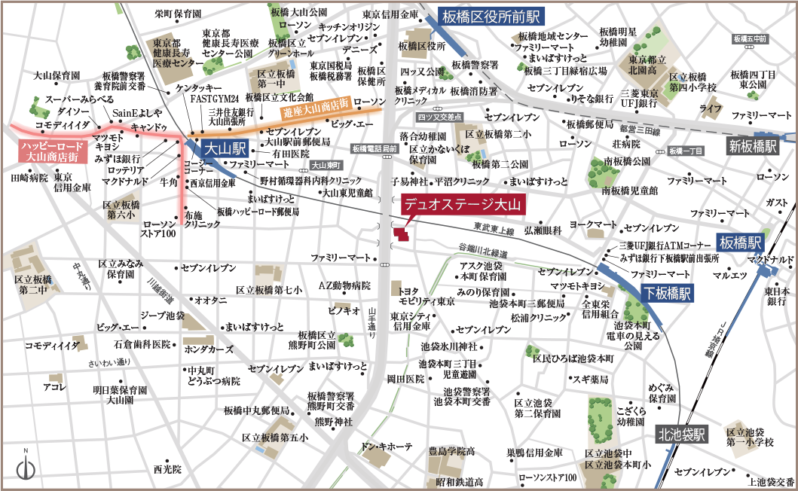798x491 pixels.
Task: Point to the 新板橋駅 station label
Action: pyautogui.click(x=752, y=146)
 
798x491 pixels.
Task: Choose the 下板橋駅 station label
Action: pyautogui.click(x=666, y=294)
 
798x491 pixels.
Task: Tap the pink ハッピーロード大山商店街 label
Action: pyautogui.click(x=48, y=151)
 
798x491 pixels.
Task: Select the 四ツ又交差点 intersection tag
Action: pyautogui.click(x=439, y=117)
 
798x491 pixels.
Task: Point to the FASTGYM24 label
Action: pyautogui.click(x=214, y=99)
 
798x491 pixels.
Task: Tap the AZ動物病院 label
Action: pyautogui.click(x=344, y=285)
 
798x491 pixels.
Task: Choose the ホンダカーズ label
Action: pyautogui.click(x=209, y=349)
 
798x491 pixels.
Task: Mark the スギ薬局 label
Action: pyautogui.click(x=590, y=379)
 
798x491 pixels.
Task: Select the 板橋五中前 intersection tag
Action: pyautogui.click(x=749, y=38)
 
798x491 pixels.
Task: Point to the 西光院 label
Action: pyautogui.click(x=167, y=468)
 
